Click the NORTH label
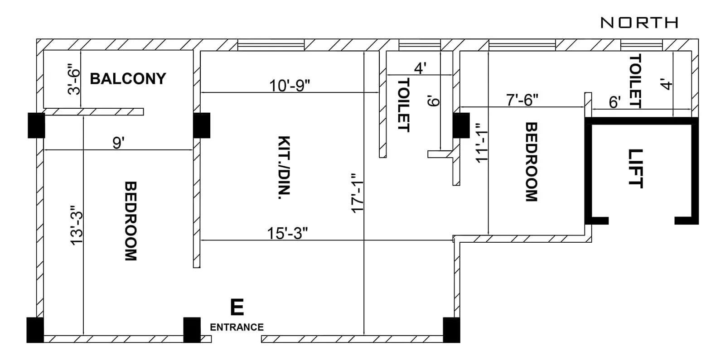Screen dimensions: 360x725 tap(639, 22)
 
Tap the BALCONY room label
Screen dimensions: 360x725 tap(128, 79)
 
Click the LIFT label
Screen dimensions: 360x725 tap(635, 168)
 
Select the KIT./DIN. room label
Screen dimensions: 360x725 tap(284, 168)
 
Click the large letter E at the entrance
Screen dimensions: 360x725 tap(237, 307)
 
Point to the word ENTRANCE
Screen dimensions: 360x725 tap(237, 327)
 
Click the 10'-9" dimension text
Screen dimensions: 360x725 tap(290, 85)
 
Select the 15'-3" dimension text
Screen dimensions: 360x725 tap(287, 233)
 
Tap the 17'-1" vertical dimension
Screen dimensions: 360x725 tap(357, 192)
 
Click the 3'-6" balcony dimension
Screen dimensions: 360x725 tap(73, 81)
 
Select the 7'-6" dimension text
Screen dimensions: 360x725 tap(522, 100)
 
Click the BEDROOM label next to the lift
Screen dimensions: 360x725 tap(531, 162)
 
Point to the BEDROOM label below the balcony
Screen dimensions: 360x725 tap(130, 221)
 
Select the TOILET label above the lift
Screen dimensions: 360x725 tap(636, 81)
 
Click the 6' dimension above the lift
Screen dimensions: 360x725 tap(614, 102)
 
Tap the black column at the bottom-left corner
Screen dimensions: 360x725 tap(35, 330)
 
